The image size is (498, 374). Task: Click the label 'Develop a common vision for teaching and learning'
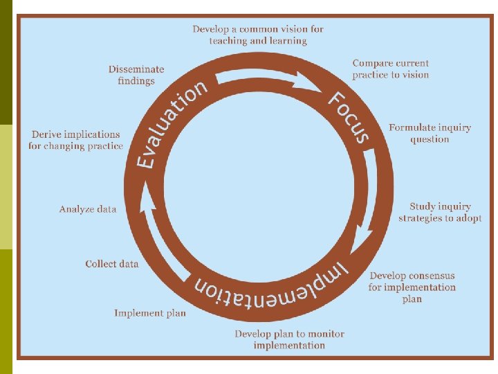coord(258,35)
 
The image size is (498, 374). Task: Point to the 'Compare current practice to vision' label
coord(390,69)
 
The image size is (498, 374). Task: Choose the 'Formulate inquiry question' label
coord(430,133)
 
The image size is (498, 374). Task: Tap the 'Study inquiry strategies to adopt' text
coord(440,212)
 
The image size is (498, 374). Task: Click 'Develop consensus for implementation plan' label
coord(412,287)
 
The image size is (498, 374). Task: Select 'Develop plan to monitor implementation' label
coord(289,339)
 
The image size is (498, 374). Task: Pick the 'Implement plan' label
coord(150,313)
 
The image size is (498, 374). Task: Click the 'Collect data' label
coord(112,264)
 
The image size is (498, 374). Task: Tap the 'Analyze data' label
coord(88,208)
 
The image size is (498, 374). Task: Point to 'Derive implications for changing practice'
coord(76,140)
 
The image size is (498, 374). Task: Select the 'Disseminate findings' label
coord(136,75)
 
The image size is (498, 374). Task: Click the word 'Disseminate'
coord(136,69)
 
